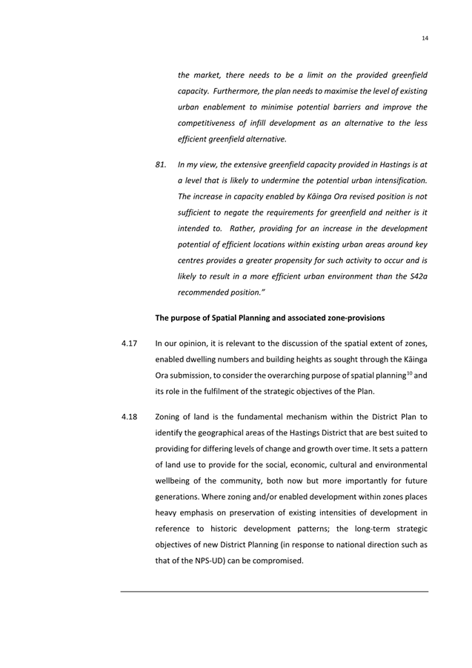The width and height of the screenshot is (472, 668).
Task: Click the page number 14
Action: [425, 38]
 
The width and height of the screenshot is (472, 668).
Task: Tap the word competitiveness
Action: [209, 123]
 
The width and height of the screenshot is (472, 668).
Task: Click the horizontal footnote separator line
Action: [274, 591]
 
